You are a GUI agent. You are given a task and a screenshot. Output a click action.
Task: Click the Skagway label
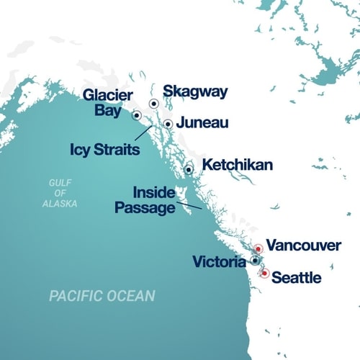(195, 91)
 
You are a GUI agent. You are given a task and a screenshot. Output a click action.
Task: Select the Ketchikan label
(237, 166)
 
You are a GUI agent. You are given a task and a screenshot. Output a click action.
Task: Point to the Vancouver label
(303, 246)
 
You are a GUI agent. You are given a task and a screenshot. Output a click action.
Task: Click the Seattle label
(297, 276)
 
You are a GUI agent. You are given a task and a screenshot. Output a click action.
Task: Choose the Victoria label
(219, 262)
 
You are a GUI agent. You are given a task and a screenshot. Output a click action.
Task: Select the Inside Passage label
(145, 200)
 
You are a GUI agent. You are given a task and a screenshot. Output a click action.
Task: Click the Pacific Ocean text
(102, 295)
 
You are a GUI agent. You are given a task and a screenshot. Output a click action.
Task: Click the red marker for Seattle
(265, 274)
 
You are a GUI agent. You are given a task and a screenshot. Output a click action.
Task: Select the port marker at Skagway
(153, 104)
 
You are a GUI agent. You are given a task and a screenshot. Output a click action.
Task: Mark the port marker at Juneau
(168, 124)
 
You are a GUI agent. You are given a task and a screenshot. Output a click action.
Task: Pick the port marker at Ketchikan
(189, 170)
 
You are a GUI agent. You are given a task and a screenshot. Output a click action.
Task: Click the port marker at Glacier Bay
(136, 114)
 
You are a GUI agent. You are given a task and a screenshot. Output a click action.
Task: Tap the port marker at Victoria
(255, 260)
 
